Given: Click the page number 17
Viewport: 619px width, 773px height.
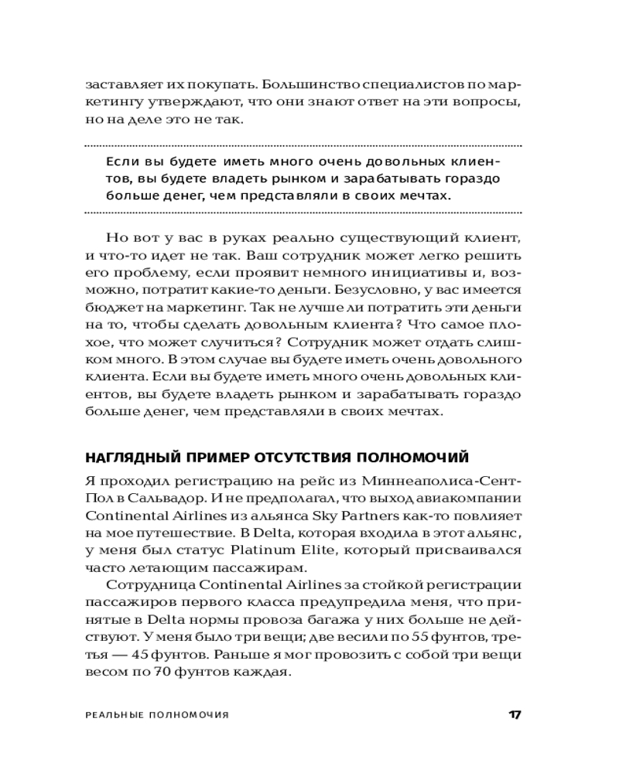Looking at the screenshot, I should (514, 714).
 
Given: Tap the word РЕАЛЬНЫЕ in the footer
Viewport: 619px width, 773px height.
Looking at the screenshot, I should (114, 715).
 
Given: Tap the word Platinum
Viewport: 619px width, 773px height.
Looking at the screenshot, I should (275, 552).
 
